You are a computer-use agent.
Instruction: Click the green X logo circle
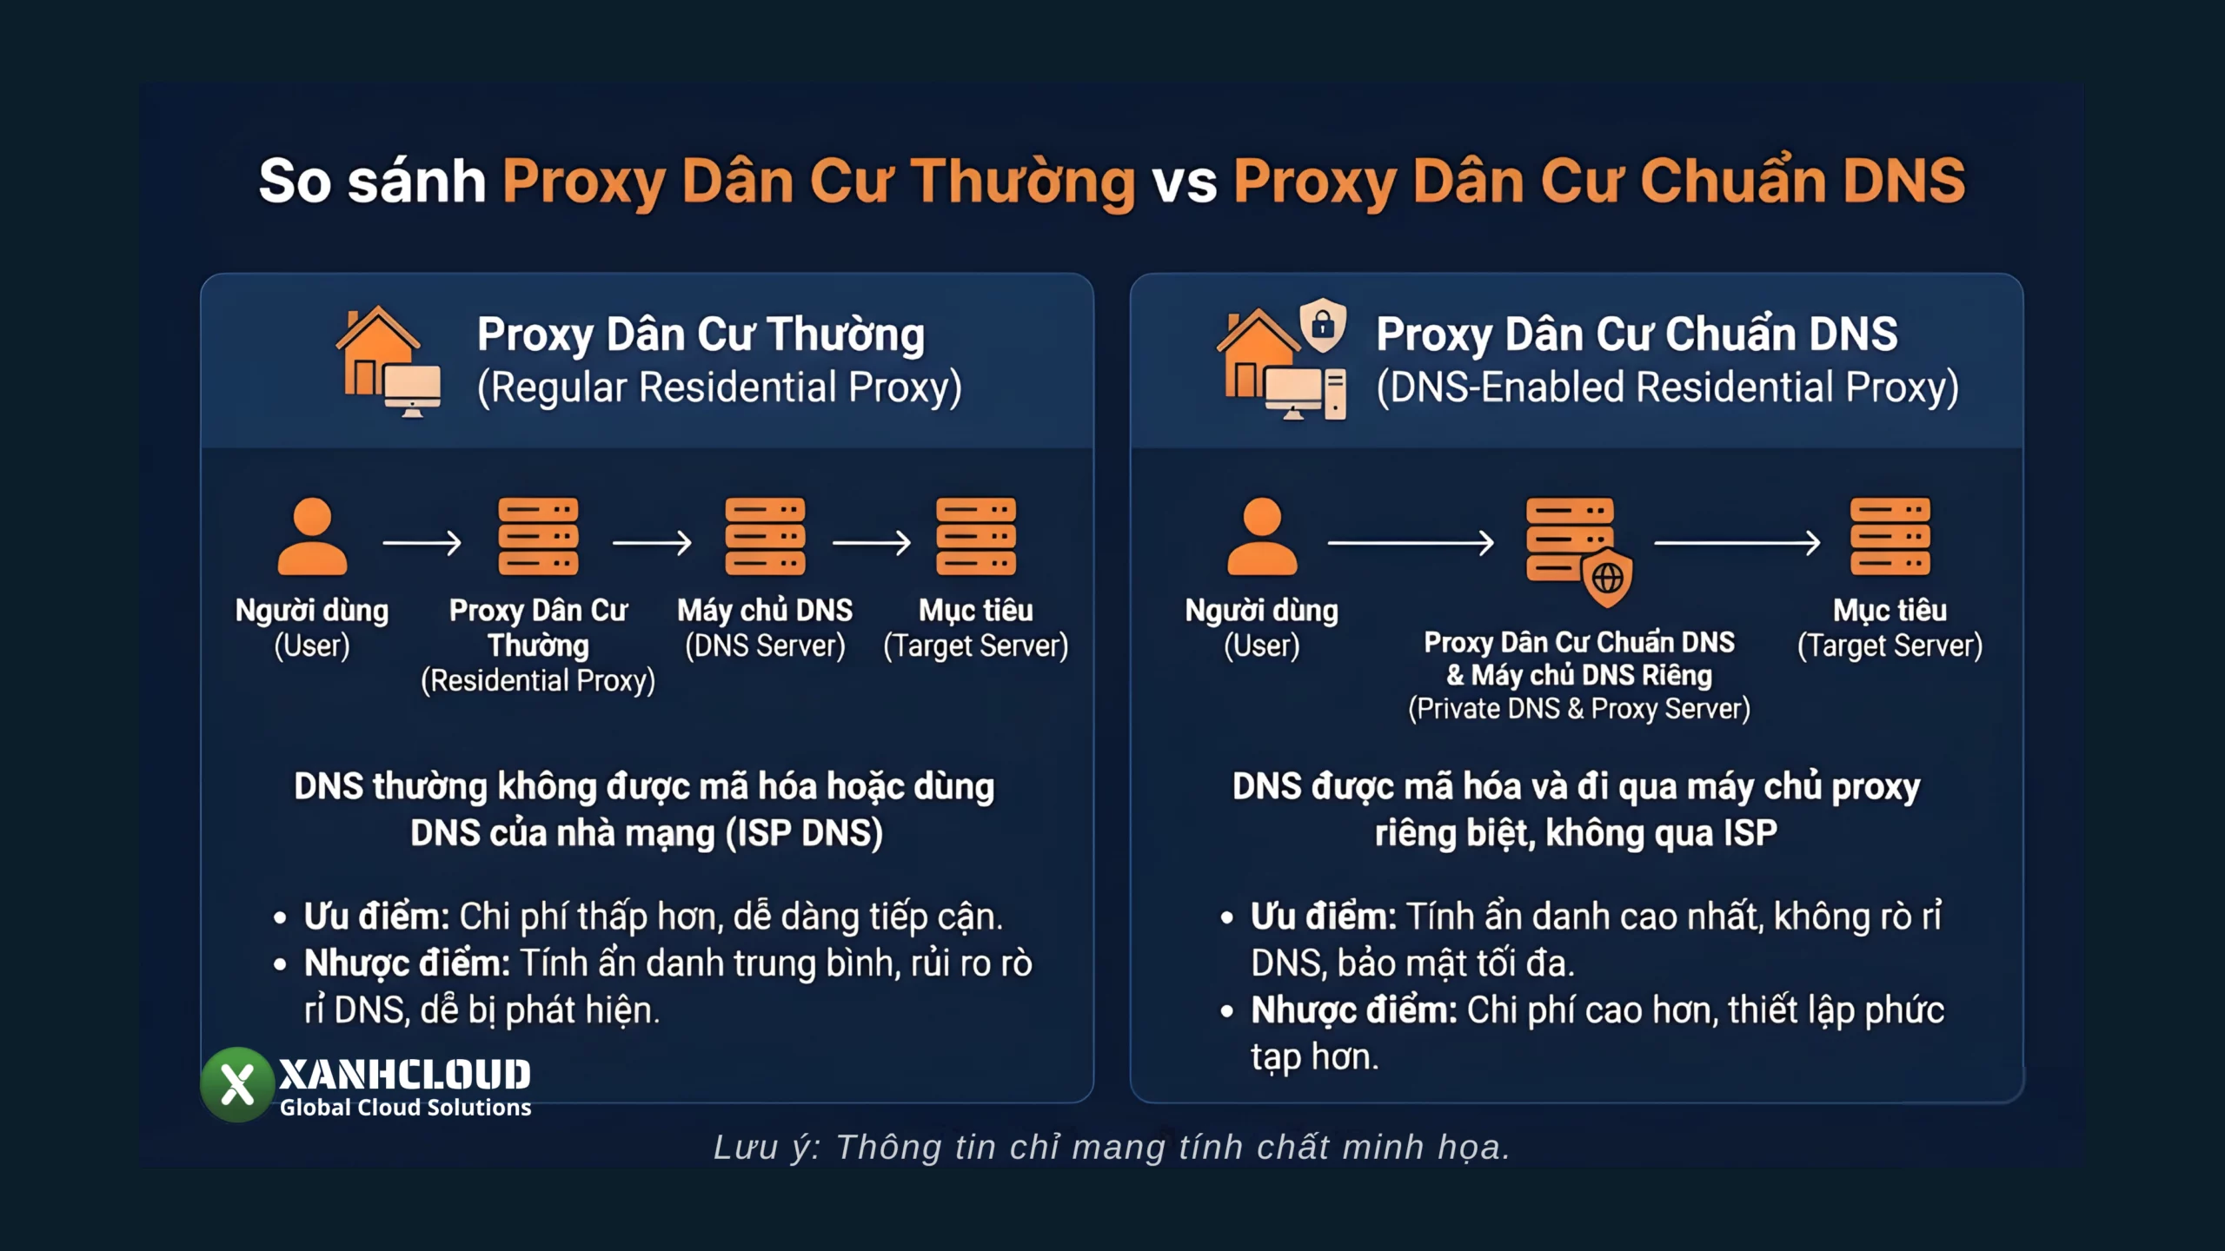coord(237,1084)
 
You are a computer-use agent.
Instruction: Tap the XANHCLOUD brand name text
coord(404,1076)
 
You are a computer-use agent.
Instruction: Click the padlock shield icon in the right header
coord(1323,326)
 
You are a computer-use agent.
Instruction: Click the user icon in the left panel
coord(312,536)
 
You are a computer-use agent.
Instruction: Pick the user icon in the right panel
coord(1262,536)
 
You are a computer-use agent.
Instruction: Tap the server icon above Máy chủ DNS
coord(765,536)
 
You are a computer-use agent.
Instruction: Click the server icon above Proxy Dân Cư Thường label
coord(538,536)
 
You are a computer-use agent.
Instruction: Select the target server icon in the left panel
coord(976,536)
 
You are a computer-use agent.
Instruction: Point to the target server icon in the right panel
coord(1890,536)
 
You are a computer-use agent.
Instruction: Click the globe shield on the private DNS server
coord(1607,578)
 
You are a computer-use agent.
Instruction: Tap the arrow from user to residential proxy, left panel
coord(422,543)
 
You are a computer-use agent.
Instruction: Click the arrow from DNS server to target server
coord(872,543)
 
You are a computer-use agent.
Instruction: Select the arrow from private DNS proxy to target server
coord(1737,543)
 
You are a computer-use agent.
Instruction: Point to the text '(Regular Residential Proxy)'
coord(720,387)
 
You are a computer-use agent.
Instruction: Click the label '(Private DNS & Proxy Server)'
coord(1578,709)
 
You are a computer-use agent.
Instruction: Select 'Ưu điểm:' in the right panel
coord(1323,917)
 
